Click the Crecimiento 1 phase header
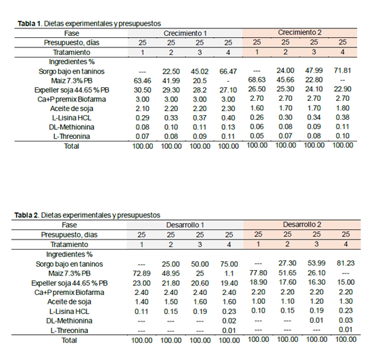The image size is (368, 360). click(185, 33)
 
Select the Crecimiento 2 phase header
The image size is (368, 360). click(300, 32)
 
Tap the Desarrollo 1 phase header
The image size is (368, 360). click(185, 225)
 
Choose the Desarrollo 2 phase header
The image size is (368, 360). click(302, 225)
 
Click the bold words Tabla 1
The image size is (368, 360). click(29, 24)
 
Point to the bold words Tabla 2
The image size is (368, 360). click(26, 215)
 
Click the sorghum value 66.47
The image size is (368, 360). click(228, 71)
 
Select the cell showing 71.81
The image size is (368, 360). click(342, 70)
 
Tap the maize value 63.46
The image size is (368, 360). click(142, 81)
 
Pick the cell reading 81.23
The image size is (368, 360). click(346, 263)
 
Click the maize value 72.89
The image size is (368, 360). click(141, 273)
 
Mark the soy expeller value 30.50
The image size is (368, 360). click(142, 90)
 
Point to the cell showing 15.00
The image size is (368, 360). click(346, 282)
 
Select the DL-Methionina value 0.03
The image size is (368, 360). click(346, 320)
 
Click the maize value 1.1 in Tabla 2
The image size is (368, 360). click(229, 273)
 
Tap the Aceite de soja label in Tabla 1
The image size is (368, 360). click(72, 109)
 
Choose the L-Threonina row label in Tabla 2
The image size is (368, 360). click(69, 331)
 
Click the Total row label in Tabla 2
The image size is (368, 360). click(69, 340)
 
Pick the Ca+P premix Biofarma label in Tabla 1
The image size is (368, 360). click(72, 99)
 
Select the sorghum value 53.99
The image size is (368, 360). click(317, 263)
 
